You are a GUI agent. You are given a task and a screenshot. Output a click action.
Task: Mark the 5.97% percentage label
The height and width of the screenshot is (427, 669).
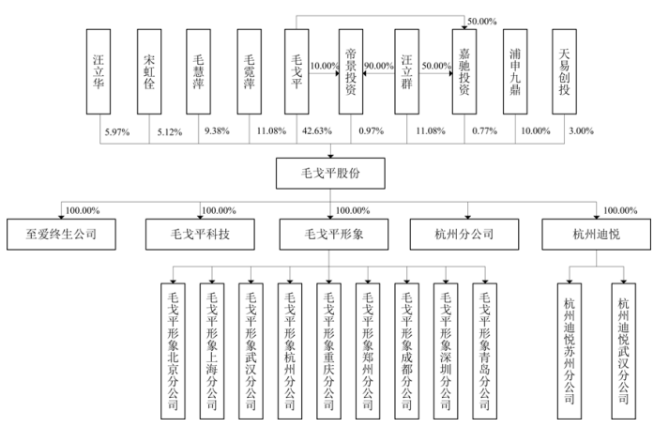pyautogui.click(x=116, y=130)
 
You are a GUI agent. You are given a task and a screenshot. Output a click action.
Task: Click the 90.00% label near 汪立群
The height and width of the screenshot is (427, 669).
pyautogui.click(x=379, y=67)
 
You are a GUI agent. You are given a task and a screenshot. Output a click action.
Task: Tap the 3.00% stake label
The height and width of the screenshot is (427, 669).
pyautogui.click(x=581, y=130)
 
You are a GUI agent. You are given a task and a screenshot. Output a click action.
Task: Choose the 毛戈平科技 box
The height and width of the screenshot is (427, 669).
pyautogui.click(x=197, y=232)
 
